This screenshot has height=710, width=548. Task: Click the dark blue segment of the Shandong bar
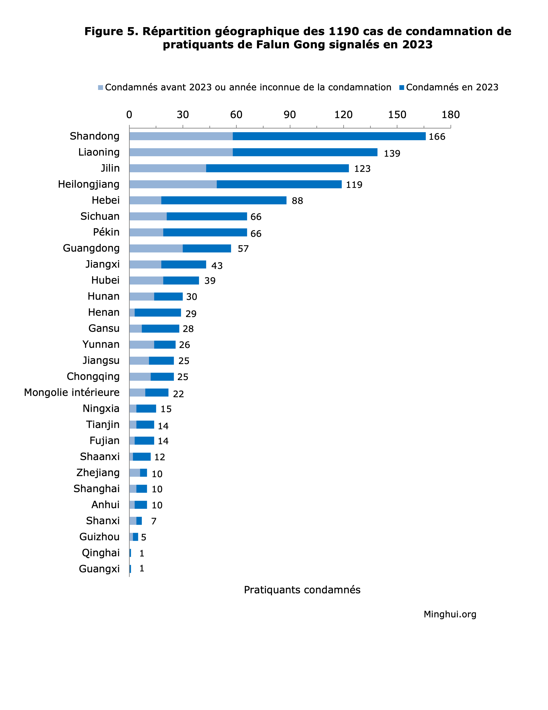click(x=329, y=136)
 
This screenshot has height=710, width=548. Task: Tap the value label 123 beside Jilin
click(x=362, y=169)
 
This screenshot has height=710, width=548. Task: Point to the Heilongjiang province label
click(x=89, y=184)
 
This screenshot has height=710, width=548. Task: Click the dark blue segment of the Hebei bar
click(x=224, y=200)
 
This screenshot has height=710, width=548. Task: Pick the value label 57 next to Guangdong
click(x=243, y=249)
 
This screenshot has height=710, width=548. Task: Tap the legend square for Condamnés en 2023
click(x=402, y=88)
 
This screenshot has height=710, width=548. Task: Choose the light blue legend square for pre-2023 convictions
click(x=101, y=88)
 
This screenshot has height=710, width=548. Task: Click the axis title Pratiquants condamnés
click(x=302, y=590)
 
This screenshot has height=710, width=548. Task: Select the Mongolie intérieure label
click(x=72, y=392)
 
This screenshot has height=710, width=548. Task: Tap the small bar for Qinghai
click(x=130, y=553)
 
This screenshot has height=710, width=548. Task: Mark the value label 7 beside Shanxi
click(x=154, y=521)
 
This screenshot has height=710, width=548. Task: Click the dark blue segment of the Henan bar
click(x=158, y=312)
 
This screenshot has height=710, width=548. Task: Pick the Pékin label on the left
click(x=106, y=232)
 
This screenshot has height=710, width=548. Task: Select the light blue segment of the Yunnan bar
click(x=142, y=344)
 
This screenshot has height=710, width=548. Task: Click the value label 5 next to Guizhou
click(x=144, y=537)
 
